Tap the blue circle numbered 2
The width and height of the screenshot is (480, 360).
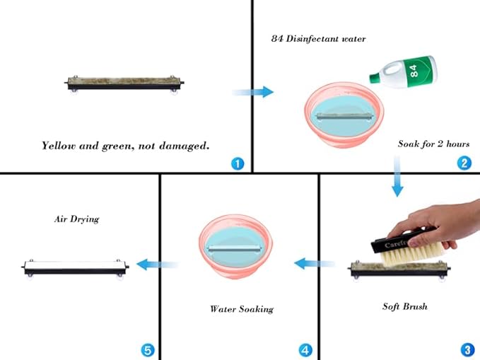tap(464, 163)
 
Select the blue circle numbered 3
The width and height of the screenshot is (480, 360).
tap(467, 349)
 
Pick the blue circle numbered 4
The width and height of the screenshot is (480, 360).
tap(305, 349)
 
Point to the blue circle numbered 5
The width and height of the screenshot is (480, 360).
tap(147, 349)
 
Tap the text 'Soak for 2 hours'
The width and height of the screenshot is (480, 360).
tap(433, 144)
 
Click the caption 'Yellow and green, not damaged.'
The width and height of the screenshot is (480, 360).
tap(125, 146)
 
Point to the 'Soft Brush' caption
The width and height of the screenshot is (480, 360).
tap(404, 306)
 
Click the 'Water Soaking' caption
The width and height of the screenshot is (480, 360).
tap(241, 308)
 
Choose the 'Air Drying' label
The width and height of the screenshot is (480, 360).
tap(76, 219)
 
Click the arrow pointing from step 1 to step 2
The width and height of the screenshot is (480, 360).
tap(252, 91)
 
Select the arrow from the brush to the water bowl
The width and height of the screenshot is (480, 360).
tap(314, 264)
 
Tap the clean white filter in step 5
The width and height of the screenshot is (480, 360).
tap(76, 267)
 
